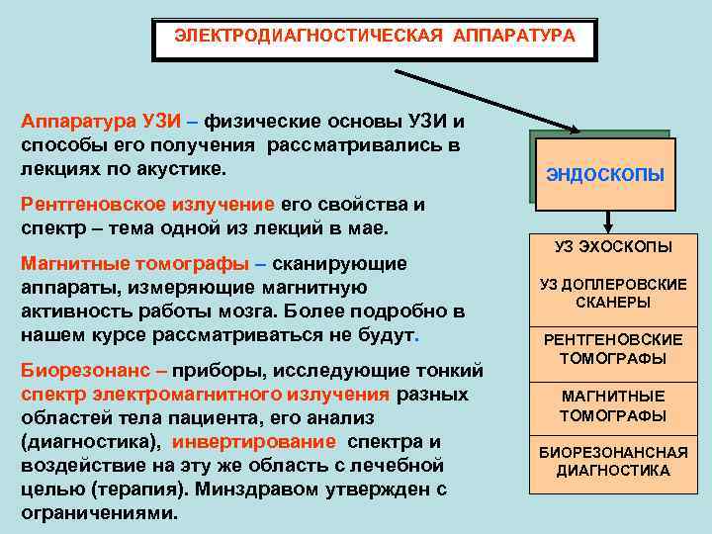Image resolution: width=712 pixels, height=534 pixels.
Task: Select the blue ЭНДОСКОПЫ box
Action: tap(604, 176)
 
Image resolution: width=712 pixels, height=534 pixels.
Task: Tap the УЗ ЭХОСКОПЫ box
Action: tap(613, 246)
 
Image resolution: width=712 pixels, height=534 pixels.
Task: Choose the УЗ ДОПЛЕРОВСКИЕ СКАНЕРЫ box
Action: tap(613, 294)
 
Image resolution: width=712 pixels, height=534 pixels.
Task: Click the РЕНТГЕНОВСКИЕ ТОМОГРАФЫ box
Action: tap(613, 349)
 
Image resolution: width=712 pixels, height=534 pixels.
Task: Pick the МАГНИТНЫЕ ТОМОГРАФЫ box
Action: tap(613, 406)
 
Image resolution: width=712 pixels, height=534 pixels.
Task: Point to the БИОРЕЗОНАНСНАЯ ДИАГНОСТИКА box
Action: tap(613, 462)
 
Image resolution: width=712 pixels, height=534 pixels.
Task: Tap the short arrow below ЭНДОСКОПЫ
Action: tap(611, 221)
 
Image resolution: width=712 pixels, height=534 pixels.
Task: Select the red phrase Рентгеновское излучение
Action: tap(146, 205)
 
